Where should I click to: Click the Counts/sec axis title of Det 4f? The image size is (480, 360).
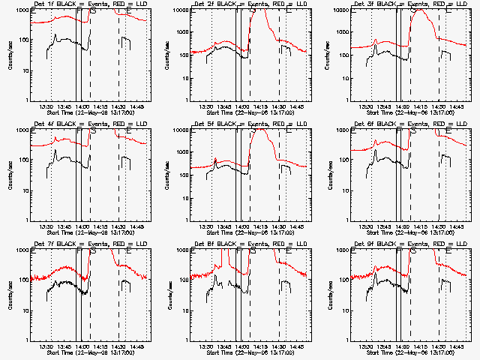point(10,174)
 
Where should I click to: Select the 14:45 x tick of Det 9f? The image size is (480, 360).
point(458,347)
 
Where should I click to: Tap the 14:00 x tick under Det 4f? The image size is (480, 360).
point(81,227)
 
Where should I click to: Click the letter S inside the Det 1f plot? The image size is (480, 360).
point(93,10)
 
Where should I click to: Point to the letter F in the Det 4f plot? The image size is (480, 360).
point(79,130)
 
